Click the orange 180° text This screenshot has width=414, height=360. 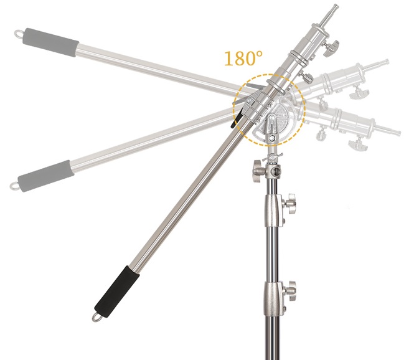coord(243,58)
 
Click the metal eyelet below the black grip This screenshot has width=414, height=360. coord(96,318)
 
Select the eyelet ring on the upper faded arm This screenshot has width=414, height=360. coord(19,34)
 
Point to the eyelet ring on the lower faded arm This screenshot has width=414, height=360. coord(14,186)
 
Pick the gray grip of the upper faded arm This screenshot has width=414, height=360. coord(51,42)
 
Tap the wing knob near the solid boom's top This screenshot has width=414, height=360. coord(332,49)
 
